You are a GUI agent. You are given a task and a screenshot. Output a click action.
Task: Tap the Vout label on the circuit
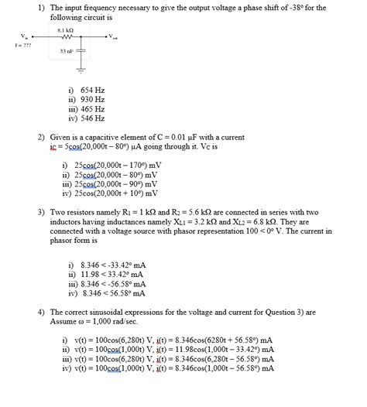click(x=113, y=36)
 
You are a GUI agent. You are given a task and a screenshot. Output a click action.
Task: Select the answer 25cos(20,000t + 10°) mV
click(x=118, y=193)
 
